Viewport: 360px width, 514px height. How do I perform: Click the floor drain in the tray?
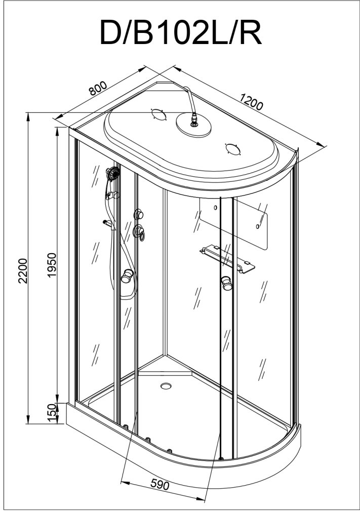pyautogui.click(x=166, y=386)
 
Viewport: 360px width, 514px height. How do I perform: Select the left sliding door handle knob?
pyautogui.click(x=128, y=276)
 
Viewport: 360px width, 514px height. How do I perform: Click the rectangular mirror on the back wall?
pyautogui.click(x=233, y=223)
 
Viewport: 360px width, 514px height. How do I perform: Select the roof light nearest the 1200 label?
pyautogui.click(x=232, y=149)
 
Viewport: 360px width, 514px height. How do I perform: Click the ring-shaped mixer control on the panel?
pyautogui.click(x=139, y=232)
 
